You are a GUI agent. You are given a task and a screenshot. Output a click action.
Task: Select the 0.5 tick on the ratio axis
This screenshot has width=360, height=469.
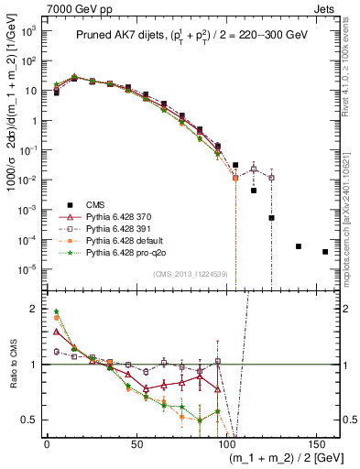pos(30,420)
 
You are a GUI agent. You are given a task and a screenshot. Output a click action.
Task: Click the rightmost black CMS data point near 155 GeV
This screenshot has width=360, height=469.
pos(325,252)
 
